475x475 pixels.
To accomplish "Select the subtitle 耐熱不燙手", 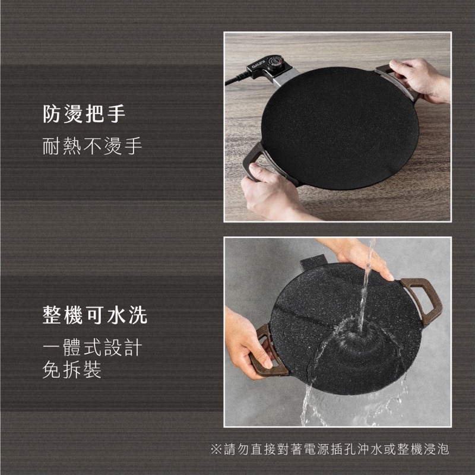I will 92,145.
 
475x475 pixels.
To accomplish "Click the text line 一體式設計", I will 92,347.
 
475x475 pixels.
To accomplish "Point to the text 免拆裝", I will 72,370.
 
